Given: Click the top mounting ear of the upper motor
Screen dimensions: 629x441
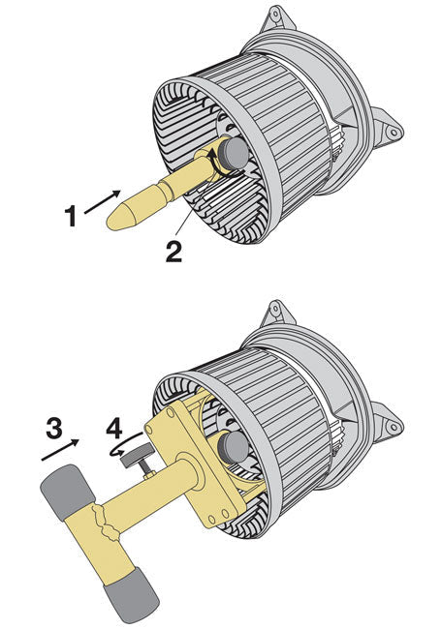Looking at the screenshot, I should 275,16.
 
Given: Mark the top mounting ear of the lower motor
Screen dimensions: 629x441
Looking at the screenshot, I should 275,312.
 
